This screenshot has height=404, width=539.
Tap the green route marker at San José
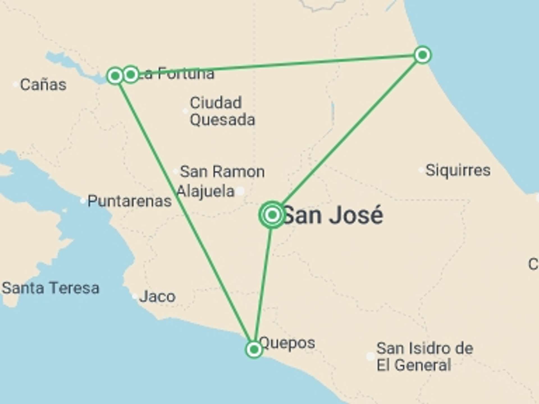tap(272, 215)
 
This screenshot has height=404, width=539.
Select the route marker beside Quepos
tap(254, 349)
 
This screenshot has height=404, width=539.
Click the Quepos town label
tap(287, 343)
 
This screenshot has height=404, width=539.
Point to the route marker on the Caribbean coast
tap(422, 55)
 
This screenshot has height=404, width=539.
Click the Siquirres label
tap(458, 170)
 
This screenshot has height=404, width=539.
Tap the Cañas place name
tap(43, 85)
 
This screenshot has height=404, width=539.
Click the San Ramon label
tap(222, 171)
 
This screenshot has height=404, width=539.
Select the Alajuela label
tap(205, 191)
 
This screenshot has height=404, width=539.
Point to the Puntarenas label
tap(129, 201)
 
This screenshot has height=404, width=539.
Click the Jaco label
tap(157, 297)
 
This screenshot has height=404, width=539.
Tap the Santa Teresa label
tap(51, 288)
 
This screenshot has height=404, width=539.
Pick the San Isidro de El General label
tap(424, 357)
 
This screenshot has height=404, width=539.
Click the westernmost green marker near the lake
tap(115, 75)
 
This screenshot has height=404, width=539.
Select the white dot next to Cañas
tap(15, 84)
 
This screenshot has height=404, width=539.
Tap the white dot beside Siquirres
tap(421, 170)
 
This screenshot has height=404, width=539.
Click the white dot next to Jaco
tap(135, 296)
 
